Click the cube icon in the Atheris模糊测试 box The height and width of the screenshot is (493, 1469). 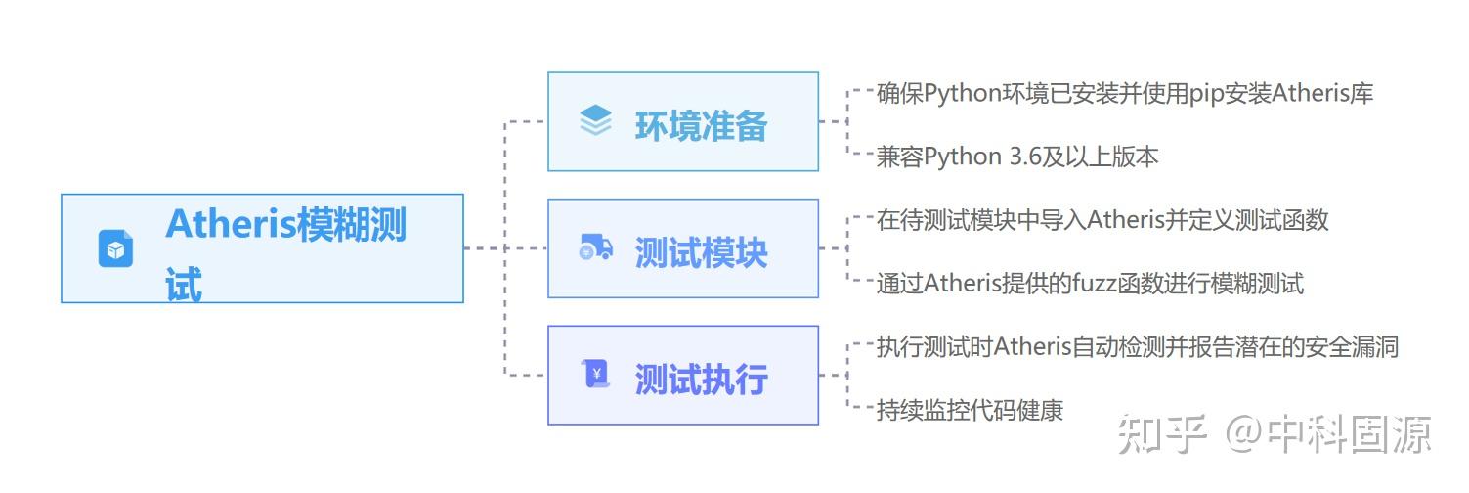tap(115, 248)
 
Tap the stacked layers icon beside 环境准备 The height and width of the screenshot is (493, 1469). tap(595, 121)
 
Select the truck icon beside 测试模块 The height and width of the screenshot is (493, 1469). tap(595, 248)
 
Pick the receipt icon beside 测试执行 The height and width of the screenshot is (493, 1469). tap(595, 374)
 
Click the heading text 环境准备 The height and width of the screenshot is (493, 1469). tap(701, 126)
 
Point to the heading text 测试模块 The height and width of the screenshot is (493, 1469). tap(701, 253)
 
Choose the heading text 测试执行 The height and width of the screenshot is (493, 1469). tap(701, 380)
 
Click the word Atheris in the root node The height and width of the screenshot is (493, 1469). tap(231, 224)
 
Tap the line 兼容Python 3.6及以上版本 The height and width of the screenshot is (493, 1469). tap(1016, 157)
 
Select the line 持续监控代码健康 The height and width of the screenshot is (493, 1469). tap(969, 410)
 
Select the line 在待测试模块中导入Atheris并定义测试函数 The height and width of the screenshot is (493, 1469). tap(1102, 220)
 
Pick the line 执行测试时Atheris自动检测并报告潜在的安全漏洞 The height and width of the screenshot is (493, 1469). tap(1137, 346)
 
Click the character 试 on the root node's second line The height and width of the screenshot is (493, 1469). tap(184, 284)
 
